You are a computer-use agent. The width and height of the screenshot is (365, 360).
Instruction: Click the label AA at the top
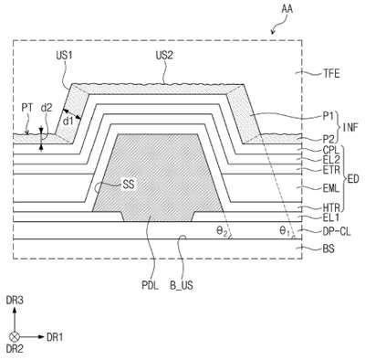[x=287, y=9]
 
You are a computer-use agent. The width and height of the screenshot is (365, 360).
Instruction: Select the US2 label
[x=164, y=55]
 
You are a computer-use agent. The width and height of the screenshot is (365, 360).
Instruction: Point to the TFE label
[x=331, y=74]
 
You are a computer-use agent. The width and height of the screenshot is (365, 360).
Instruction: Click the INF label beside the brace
[x=350, y=127]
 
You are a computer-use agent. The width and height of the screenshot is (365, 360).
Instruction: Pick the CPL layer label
[x=331, y=150]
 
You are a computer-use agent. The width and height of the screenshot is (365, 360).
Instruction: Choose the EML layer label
[x=331, y=188]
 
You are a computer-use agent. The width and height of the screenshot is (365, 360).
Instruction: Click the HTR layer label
[x=331, y=208]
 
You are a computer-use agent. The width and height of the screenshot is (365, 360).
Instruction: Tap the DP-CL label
[x=337, y=231]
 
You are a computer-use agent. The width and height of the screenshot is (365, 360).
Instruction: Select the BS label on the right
[x=328, y=249]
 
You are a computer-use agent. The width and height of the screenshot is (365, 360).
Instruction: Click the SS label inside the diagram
[x=128, y=185]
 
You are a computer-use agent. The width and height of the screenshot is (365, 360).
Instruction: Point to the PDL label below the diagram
[x=150, y=286]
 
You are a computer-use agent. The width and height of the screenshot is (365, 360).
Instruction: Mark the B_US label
[x=182, y=286]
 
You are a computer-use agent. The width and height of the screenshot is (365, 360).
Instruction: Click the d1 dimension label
[x=68, y=121]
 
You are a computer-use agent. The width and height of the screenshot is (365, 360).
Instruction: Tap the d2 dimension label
[x=47, y=108]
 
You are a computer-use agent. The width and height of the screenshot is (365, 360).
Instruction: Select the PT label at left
[x=26, y=108]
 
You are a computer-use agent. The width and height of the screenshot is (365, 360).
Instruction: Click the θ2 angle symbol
[x=222, y=231]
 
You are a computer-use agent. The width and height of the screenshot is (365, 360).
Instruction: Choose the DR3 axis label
[x=15, y=301]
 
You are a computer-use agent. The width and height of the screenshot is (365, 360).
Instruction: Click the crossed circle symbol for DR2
[x=15, y=336]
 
